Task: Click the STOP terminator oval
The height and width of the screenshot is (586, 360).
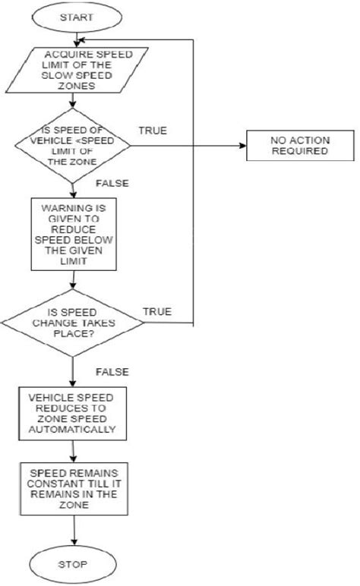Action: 74,565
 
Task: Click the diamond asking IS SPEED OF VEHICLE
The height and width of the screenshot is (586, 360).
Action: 73,145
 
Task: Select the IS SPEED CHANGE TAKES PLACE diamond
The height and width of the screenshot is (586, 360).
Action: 72,325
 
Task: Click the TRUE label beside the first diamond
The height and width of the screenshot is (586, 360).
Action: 152,131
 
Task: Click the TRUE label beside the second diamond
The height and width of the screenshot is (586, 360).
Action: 156,311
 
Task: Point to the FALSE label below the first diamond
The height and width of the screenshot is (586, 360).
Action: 112,184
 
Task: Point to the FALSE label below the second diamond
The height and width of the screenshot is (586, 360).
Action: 112,371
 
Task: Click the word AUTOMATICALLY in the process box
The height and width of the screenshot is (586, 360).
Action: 71,429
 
